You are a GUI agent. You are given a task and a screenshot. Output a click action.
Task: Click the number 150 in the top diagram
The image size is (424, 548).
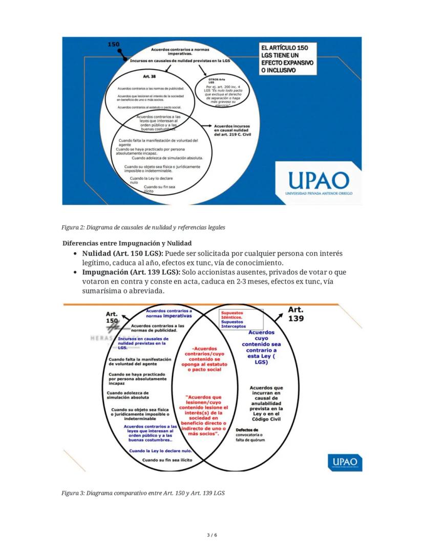coord(113,45)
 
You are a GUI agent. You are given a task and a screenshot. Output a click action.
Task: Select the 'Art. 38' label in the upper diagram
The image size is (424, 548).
coord(150,76)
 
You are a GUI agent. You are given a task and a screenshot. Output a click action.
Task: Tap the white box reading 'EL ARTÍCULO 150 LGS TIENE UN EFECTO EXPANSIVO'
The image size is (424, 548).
coord(286,58)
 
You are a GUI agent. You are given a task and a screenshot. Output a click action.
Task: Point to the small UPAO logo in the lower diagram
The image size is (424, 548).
coord(345,463)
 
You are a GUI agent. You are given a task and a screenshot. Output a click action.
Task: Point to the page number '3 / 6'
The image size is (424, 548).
coord(212,535)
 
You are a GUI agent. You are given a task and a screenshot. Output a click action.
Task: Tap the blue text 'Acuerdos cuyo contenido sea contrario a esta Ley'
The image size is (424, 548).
coord(261,346)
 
